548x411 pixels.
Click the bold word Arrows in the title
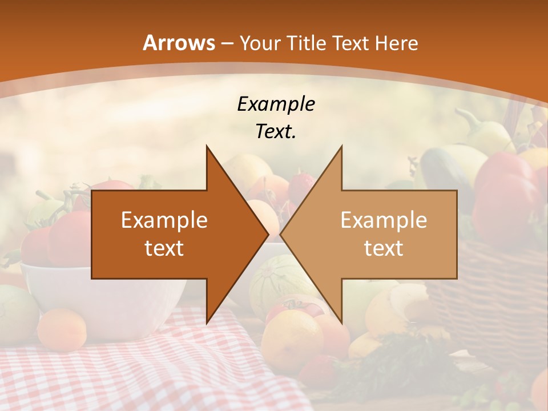[x=179, y=43]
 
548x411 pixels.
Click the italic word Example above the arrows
[x=276, y=104]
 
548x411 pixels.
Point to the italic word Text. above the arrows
[x=276, y=132]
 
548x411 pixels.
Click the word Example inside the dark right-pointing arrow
[x=164, y=220]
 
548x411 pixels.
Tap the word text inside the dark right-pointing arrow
[x=164, y=248]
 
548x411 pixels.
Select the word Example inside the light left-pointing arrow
[x=384, y=220]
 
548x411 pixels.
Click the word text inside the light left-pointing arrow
[x=384, y=248]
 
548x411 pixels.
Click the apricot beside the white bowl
[x=62, y=329]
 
